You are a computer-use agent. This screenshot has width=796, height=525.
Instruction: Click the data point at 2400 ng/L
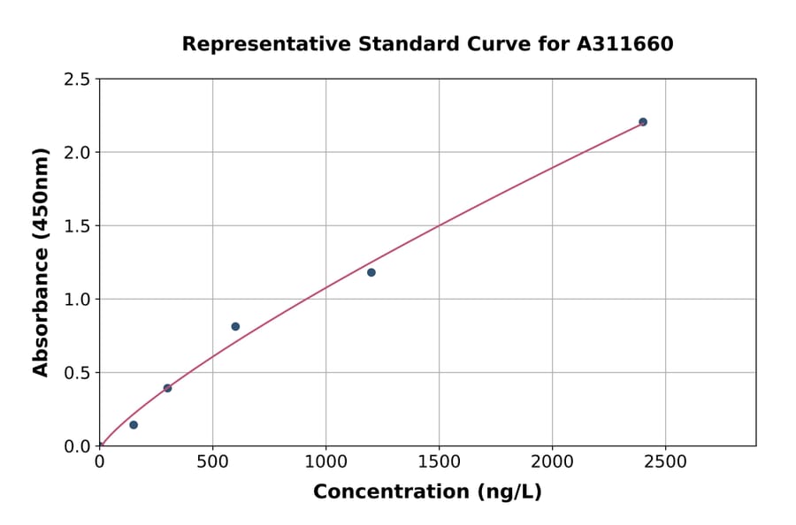643,122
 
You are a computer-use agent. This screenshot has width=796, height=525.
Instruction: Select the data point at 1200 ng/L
371,272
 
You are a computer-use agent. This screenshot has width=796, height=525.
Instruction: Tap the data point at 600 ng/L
235,326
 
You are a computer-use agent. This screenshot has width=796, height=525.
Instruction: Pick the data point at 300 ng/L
167,388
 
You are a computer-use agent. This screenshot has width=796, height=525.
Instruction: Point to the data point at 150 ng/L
134,425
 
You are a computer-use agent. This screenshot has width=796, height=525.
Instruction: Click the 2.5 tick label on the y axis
78,80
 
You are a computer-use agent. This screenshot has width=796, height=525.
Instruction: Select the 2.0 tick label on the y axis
78,153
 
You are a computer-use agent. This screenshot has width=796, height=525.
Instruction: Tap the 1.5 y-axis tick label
78,226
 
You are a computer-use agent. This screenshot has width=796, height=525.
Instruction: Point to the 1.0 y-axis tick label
78,300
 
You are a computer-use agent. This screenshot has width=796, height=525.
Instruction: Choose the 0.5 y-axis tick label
78,373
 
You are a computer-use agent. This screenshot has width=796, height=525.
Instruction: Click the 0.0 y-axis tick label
78,446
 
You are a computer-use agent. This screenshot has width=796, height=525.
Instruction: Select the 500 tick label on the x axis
212,461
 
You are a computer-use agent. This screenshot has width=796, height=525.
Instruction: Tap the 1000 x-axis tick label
325,461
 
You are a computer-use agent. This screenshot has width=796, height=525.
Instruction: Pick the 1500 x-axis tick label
439,461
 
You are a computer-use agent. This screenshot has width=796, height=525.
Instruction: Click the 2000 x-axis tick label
552,461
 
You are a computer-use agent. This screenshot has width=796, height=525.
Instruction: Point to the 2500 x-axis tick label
665,461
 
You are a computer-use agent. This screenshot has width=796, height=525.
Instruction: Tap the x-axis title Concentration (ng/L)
427,492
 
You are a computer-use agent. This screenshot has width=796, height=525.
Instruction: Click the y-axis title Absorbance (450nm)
41,262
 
